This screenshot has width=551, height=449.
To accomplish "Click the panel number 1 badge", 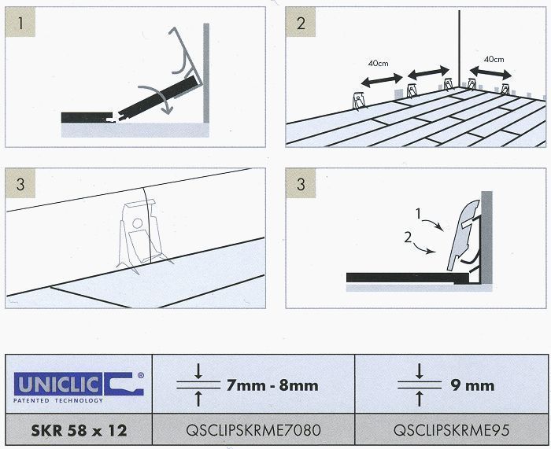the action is pos(20,22).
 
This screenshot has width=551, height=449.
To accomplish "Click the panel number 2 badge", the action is pos(301,22).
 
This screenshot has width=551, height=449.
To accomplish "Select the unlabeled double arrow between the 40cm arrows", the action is pos(429,72).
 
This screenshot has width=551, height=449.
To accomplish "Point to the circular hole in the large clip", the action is pos(138,223).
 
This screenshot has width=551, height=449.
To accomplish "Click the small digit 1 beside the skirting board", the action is pos(418,214).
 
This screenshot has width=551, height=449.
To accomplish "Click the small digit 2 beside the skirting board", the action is pos(408,237).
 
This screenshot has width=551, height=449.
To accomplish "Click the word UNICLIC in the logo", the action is pos(58,385).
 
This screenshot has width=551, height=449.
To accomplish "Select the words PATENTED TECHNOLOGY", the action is pos(58,400).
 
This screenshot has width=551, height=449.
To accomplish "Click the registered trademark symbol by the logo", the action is pos(141,375).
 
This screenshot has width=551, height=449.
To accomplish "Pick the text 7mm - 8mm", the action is pos(272,385).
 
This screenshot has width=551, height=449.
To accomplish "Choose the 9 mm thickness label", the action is pos(472,385).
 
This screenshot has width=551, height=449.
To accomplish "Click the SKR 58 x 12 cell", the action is pos(79,430).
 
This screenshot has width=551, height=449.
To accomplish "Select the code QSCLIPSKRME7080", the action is pos(253,430).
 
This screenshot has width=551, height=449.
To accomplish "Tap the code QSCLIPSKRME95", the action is pos(451,430).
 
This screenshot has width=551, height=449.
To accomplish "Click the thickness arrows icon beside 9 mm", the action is pos(419,385).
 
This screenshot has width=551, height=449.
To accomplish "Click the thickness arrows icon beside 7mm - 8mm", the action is pos(198,385).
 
